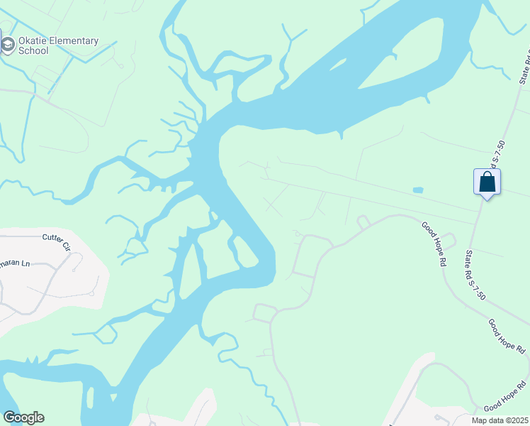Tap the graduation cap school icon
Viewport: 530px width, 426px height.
[8, 45]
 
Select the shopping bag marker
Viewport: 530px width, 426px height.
[487, 182]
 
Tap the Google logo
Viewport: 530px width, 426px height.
[23, 417]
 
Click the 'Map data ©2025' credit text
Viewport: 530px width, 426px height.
[500, 420]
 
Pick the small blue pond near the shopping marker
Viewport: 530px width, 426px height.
[417, 190]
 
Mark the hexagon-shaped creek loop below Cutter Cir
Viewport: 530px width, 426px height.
[106, 332]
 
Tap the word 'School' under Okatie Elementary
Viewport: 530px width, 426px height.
[33, 51]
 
